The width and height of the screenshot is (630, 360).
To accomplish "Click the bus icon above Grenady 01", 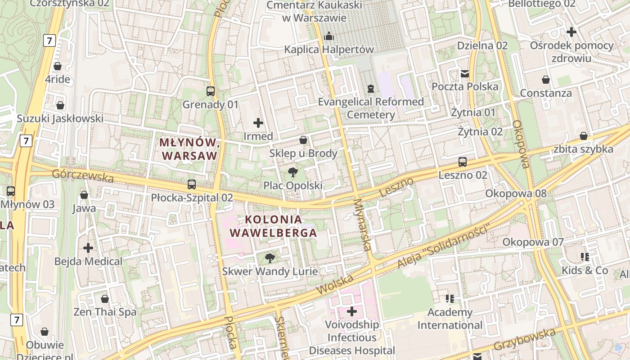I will (x=210, y=91).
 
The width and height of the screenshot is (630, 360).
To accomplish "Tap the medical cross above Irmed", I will (x=258, y=122).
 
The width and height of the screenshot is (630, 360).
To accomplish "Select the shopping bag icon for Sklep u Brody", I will (x=303, y=140).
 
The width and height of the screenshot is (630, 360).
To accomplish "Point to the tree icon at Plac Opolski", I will (x=292, y=172).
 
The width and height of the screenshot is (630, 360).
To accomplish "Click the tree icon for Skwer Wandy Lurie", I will (x=270, y=258).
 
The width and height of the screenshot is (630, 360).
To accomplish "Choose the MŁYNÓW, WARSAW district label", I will (x=189, y=149).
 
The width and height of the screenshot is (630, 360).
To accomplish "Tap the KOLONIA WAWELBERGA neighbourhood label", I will (x=274, y=226).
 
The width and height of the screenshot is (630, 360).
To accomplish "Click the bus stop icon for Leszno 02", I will (x=463, y=162).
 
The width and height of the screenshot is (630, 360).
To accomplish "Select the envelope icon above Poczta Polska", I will (x=464, y=73).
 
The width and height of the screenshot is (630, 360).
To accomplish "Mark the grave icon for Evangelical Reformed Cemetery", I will (x=370, y=89).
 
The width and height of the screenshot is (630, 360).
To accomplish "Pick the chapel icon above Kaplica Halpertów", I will (x=329, y=36).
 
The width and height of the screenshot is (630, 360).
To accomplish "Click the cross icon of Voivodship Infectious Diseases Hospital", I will (x=352, y=311).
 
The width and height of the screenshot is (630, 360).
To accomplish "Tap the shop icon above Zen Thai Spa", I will (x=105, y=299).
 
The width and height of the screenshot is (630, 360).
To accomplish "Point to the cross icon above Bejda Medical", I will (x=88, y=248).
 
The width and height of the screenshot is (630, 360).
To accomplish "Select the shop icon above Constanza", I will (x=545, y=80).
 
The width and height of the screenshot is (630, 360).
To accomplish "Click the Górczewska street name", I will (x=83, y=175).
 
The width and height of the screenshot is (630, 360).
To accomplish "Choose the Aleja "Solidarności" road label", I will (x=443, y=247).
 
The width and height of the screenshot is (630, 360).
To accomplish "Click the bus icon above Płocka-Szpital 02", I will (x=192, y=184).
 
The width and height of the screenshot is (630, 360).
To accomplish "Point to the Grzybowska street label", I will (x=525, y=340).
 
